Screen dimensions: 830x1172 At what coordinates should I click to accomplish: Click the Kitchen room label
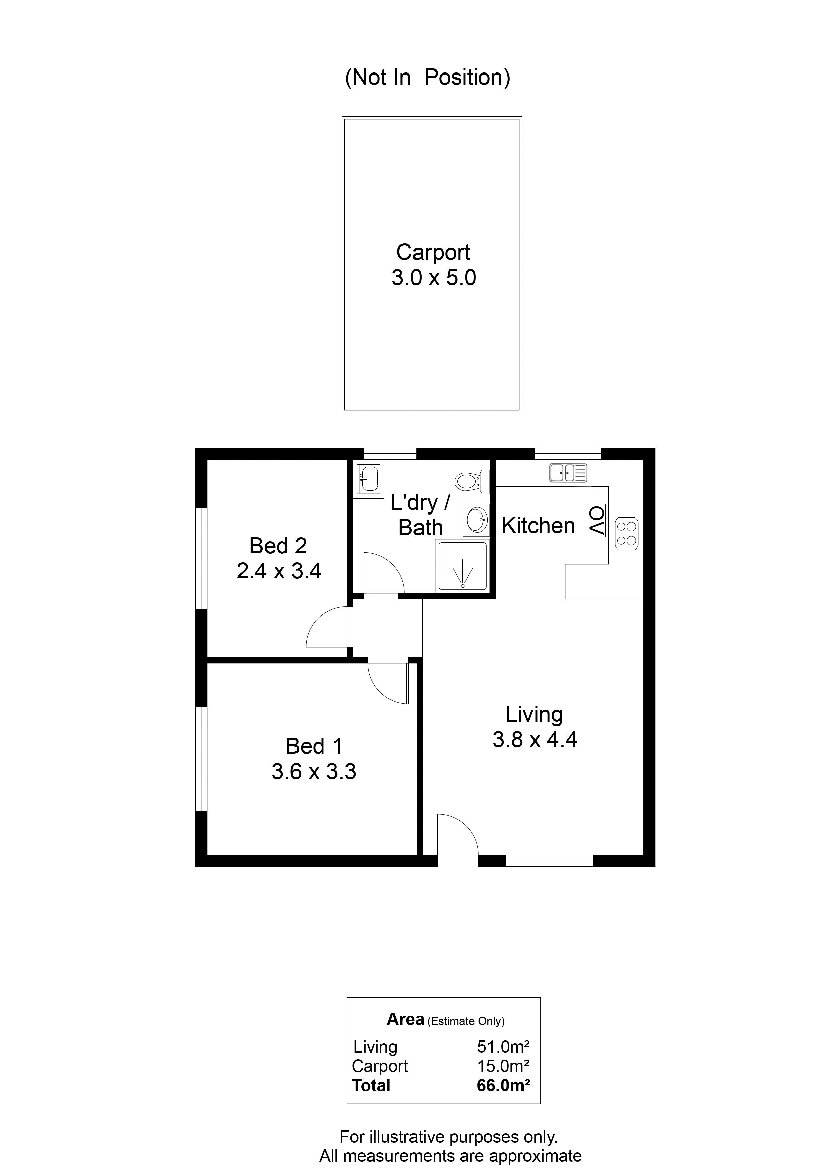click(538, 526)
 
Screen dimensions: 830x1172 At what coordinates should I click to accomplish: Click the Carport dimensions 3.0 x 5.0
click(434, 278)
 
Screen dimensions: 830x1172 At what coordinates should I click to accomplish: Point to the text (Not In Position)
click(428, 78)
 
